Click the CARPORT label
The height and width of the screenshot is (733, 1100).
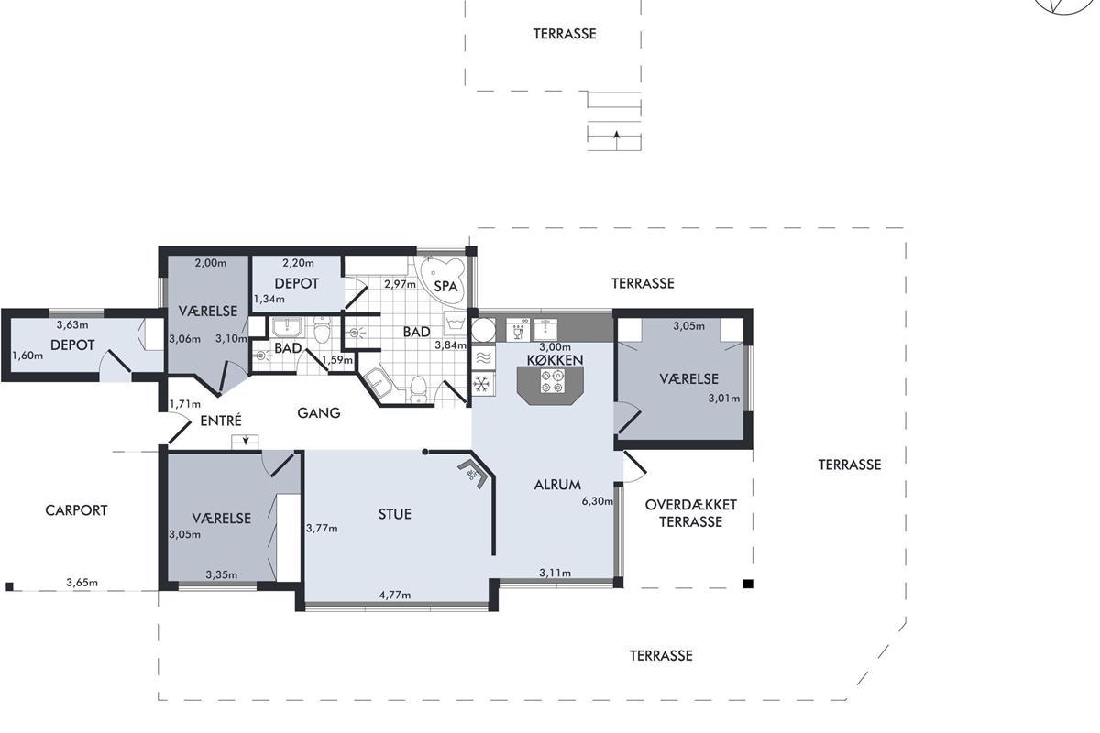[76, 510]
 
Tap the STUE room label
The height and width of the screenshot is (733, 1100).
[395, 514]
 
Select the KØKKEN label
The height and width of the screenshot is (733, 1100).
[555, 360]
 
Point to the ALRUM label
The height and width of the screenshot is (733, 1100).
[557, 485]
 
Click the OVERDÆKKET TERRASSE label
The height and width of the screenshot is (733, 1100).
[690, 513]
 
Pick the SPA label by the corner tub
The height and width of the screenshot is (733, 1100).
[445, 286]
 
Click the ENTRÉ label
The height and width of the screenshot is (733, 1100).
[221, 421]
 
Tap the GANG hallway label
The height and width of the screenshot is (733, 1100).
[319, 413]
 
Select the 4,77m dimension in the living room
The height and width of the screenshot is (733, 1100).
[395, 596]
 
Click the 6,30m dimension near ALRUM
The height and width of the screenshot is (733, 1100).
[597, 501]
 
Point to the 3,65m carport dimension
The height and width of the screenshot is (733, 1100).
[82, 583]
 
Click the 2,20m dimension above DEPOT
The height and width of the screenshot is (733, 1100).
[298, 263]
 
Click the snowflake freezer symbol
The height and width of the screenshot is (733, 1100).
[484, 383]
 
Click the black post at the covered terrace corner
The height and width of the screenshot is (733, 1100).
[748, 584]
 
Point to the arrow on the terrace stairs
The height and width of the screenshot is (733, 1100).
[616, 141]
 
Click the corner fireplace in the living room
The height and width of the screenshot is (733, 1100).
[472, 474]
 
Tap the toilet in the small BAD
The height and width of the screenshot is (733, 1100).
[322, 331]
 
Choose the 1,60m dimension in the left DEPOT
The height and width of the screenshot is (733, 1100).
[27, 356]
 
